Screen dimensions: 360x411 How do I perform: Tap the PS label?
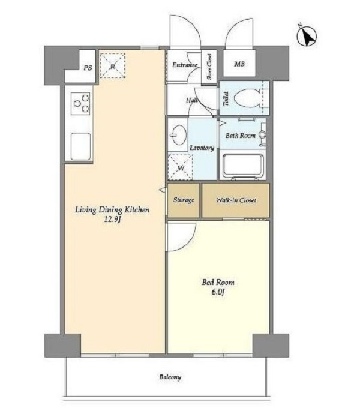coord(88,68)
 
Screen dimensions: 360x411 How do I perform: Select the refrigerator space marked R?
coord(113,65)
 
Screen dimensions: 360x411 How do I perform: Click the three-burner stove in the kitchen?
coord(82,103)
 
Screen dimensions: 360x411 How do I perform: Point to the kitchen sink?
coord(81,146)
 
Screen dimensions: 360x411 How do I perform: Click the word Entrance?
coord(185,65)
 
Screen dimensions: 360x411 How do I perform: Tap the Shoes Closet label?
coord(209,67)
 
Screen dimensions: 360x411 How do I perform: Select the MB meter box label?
coord(239,64)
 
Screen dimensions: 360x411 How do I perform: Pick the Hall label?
coord(192,100)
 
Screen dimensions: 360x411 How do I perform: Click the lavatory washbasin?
coord(178,135)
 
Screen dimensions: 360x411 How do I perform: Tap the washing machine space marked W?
coord(181,167)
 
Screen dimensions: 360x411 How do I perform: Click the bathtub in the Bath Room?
coord(243,166)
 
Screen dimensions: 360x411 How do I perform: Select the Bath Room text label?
coord(241,136)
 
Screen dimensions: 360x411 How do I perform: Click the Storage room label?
coord(184,200)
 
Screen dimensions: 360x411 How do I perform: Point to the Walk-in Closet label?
coord(236,200)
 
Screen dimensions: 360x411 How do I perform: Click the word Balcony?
coord(170,377)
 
